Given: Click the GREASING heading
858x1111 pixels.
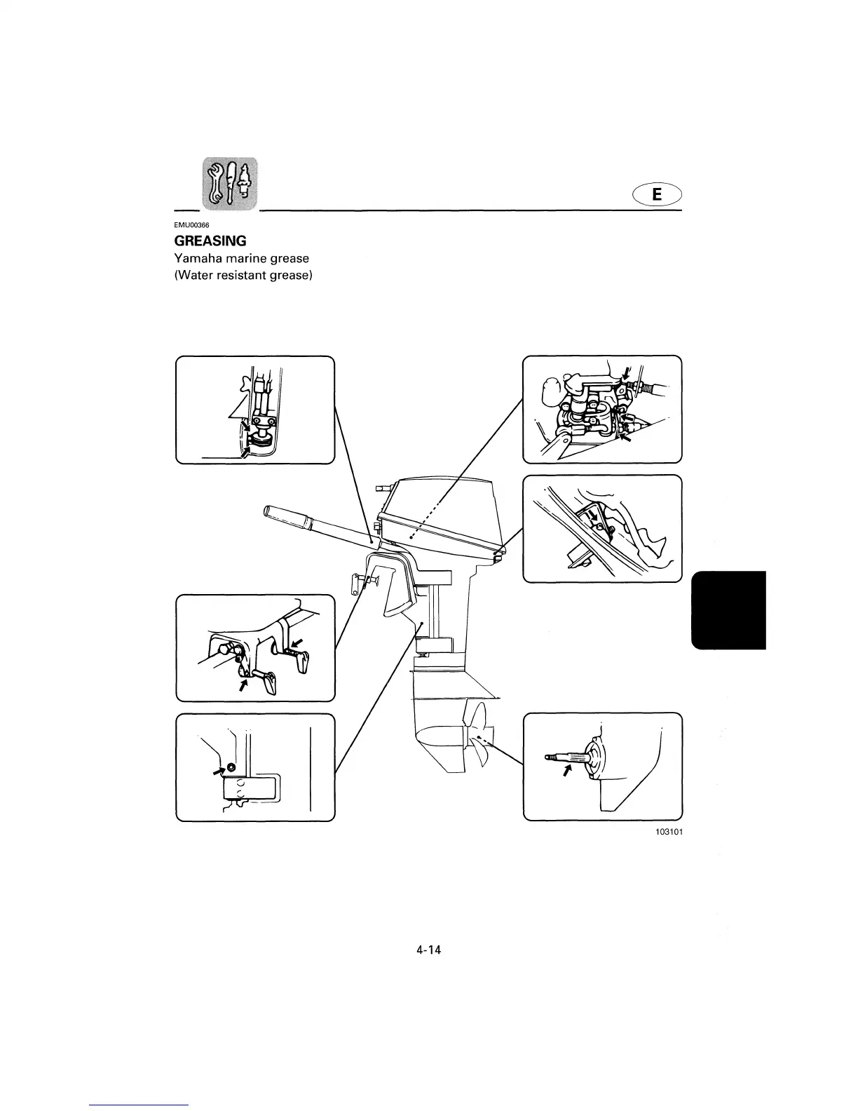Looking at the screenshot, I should click(210, 241).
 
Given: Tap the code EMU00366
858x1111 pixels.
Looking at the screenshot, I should click(187, 224).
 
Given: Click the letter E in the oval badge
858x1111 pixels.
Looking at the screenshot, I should click(656, 194).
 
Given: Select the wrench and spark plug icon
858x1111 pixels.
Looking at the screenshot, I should click(229, 185).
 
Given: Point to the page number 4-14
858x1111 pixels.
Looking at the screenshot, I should click(428, 950).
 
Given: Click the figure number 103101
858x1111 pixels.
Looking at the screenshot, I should click(668, 832).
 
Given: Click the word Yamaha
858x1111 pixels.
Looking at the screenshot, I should click(196, 258).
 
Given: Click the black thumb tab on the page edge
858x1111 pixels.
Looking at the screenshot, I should click(729, 610).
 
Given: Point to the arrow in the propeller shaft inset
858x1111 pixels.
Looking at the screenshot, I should click(566, 771).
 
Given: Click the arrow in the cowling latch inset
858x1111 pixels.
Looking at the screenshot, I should click(594, 516).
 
